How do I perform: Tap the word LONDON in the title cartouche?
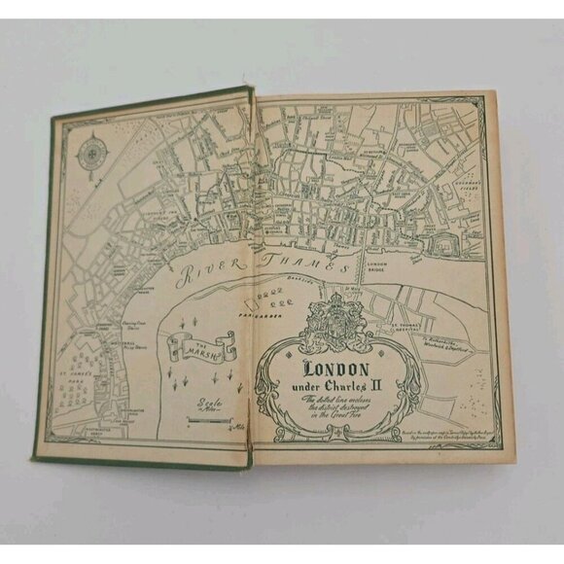[335, 369]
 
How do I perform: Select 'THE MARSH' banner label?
[202, 345]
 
